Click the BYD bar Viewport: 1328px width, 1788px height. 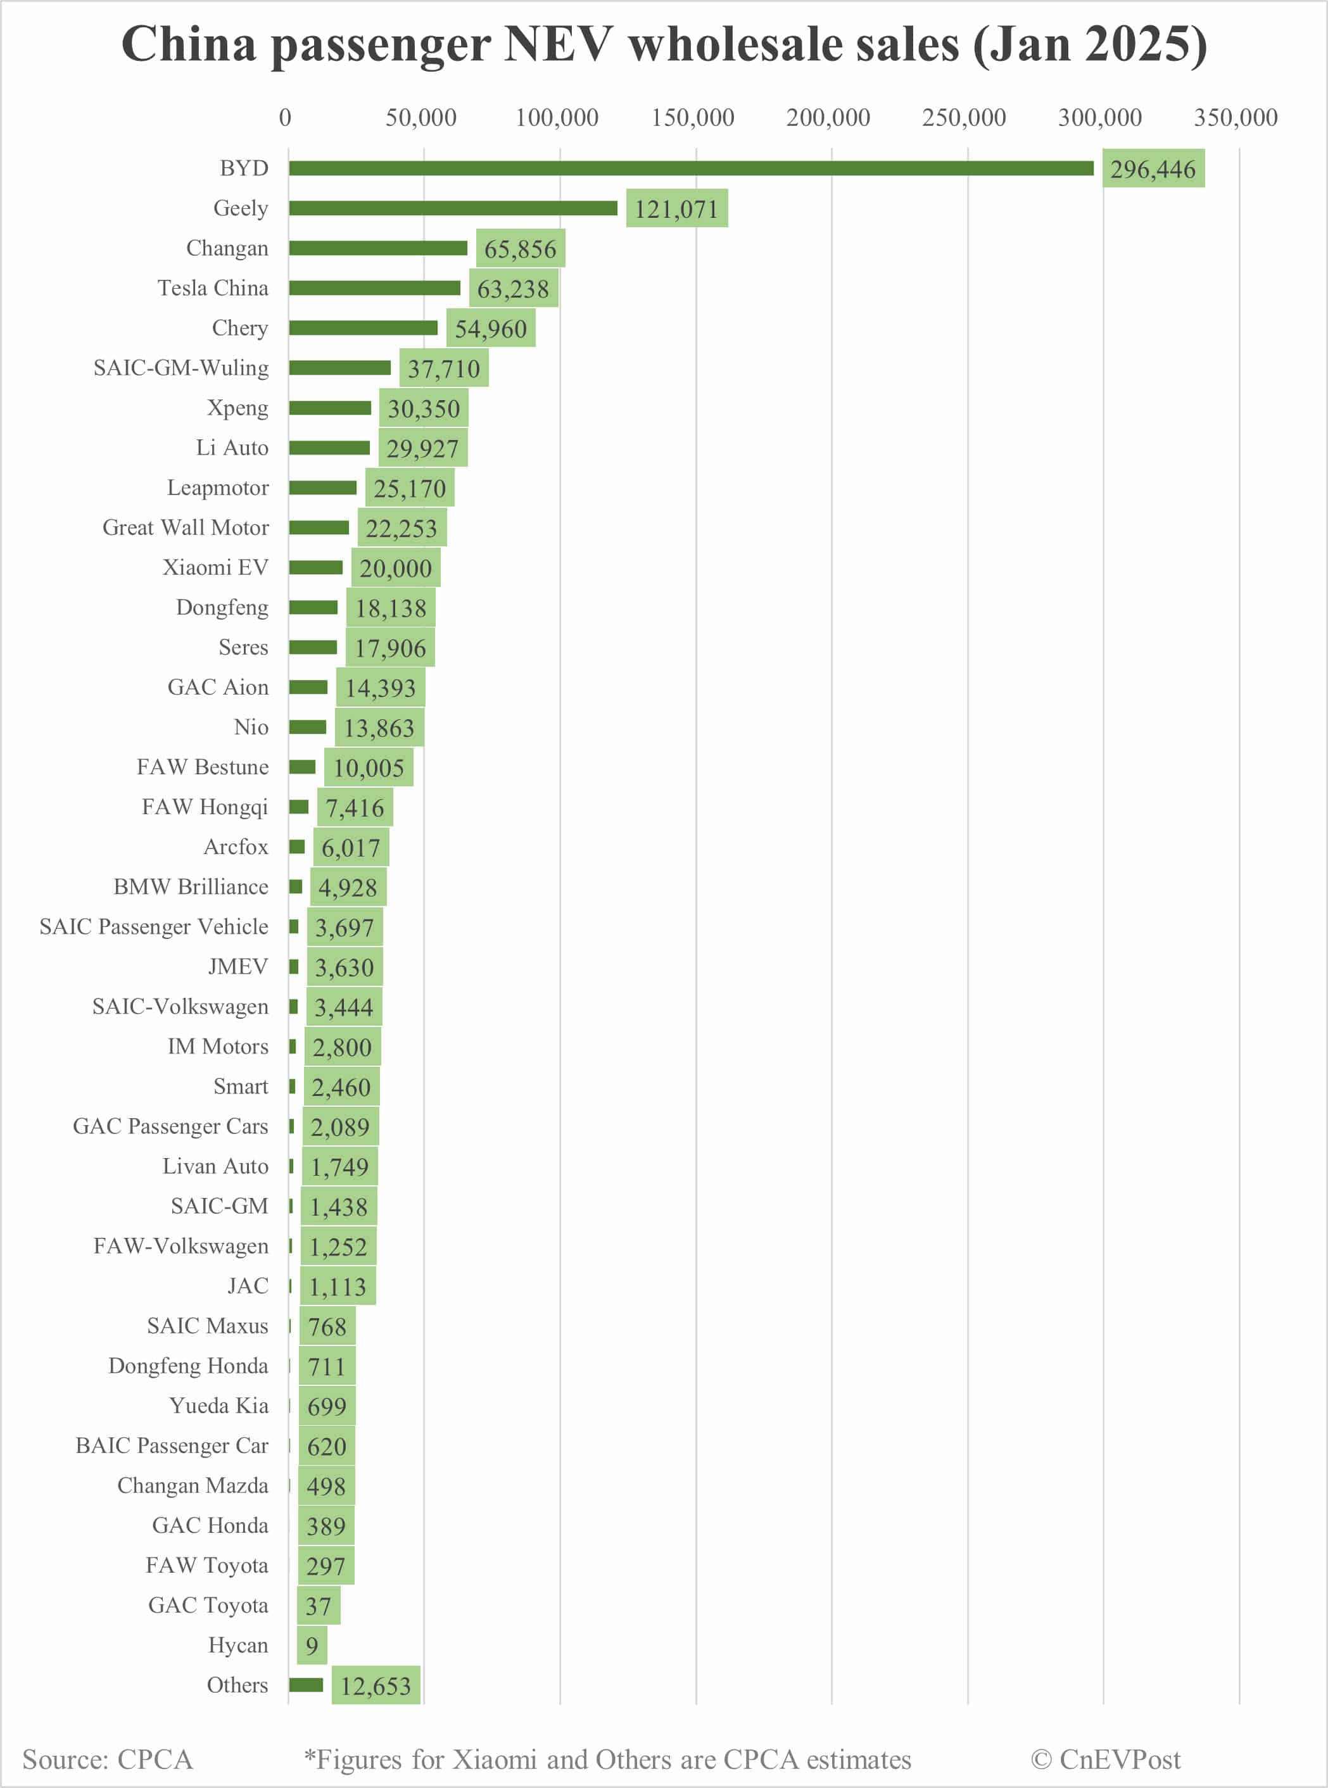click(x=692, y=168)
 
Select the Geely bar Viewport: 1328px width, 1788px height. click(x=453, y=208)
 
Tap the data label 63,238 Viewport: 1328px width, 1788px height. click(x=513, y=289)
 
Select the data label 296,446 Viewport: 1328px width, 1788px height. click(x=1153, y=169)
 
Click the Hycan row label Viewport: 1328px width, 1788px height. click(x=238, y=1645)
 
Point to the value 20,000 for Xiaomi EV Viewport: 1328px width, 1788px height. click(x=396, y=568)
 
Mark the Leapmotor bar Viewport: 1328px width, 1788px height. click(x=322, y=488)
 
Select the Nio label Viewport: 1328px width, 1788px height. click(x=251, y=727)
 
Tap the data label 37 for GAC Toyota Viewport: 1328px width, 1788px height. click(x=319, y=1606)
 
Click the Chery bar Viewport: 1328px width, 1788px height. click(x=364, y=328)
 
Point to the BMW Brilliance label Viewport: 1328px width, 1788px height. click(x=191, y=886)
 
